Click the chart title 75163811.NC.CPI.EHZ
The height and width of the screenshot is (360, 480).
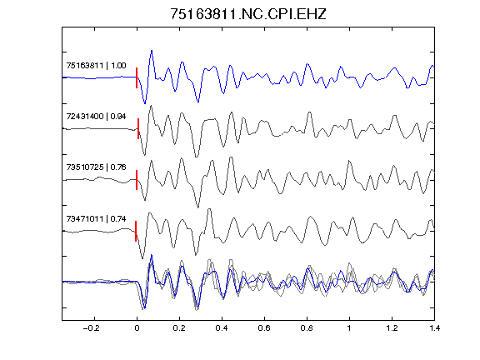(x=248, y=14)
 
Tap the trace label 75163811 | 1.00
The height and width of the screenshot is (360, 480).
(x=96, y=66)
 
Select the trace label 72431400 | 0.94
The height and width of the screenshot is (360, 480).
(x=96, y=117)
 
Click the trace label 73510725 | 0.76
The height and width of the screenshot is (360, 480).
(x=96, y=167)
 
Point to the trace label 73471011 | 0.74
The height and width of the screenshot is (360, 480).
(x=96, y=219)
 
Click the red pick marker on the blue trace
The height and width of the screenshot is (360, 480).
(x=137, y=78)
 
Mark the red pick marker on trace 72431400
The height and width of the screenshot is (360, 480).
(x=138, y=129)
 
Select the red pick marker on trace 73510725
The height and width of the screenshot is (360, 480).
(x=137, y=180)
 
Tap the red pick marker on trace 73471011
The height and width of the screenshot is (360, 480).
(x=136, y=231)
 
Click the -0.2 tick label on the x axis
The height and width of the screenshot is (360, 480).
(x=91, y=328)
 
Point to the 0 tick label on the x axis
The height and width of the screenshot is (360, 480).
(x=137, y=328)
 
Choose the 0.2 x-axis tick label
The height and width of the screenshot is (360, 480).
(x=179, y=328)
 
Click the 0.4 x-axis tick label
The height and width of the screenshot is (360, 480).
(x=222, y=328)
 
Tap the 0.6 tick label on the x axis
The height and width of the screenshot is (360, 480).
(x=264, y=328)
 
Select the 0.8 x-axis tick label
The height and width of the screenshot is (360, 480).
(x=307, y=328)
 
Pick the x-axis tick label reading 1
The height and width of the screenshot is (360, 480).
(x=349, y=328)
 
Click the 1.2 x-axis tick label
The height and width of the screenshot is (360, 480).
(x=392, y=328)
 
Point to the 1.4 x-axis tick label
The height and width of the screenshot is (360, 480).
(x=434, y=328)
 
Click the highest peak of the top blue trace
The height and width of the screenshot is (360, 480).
(x=152, y=51)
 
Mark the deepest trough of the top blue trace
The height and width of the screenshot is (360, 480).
(x=145, y=103)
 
